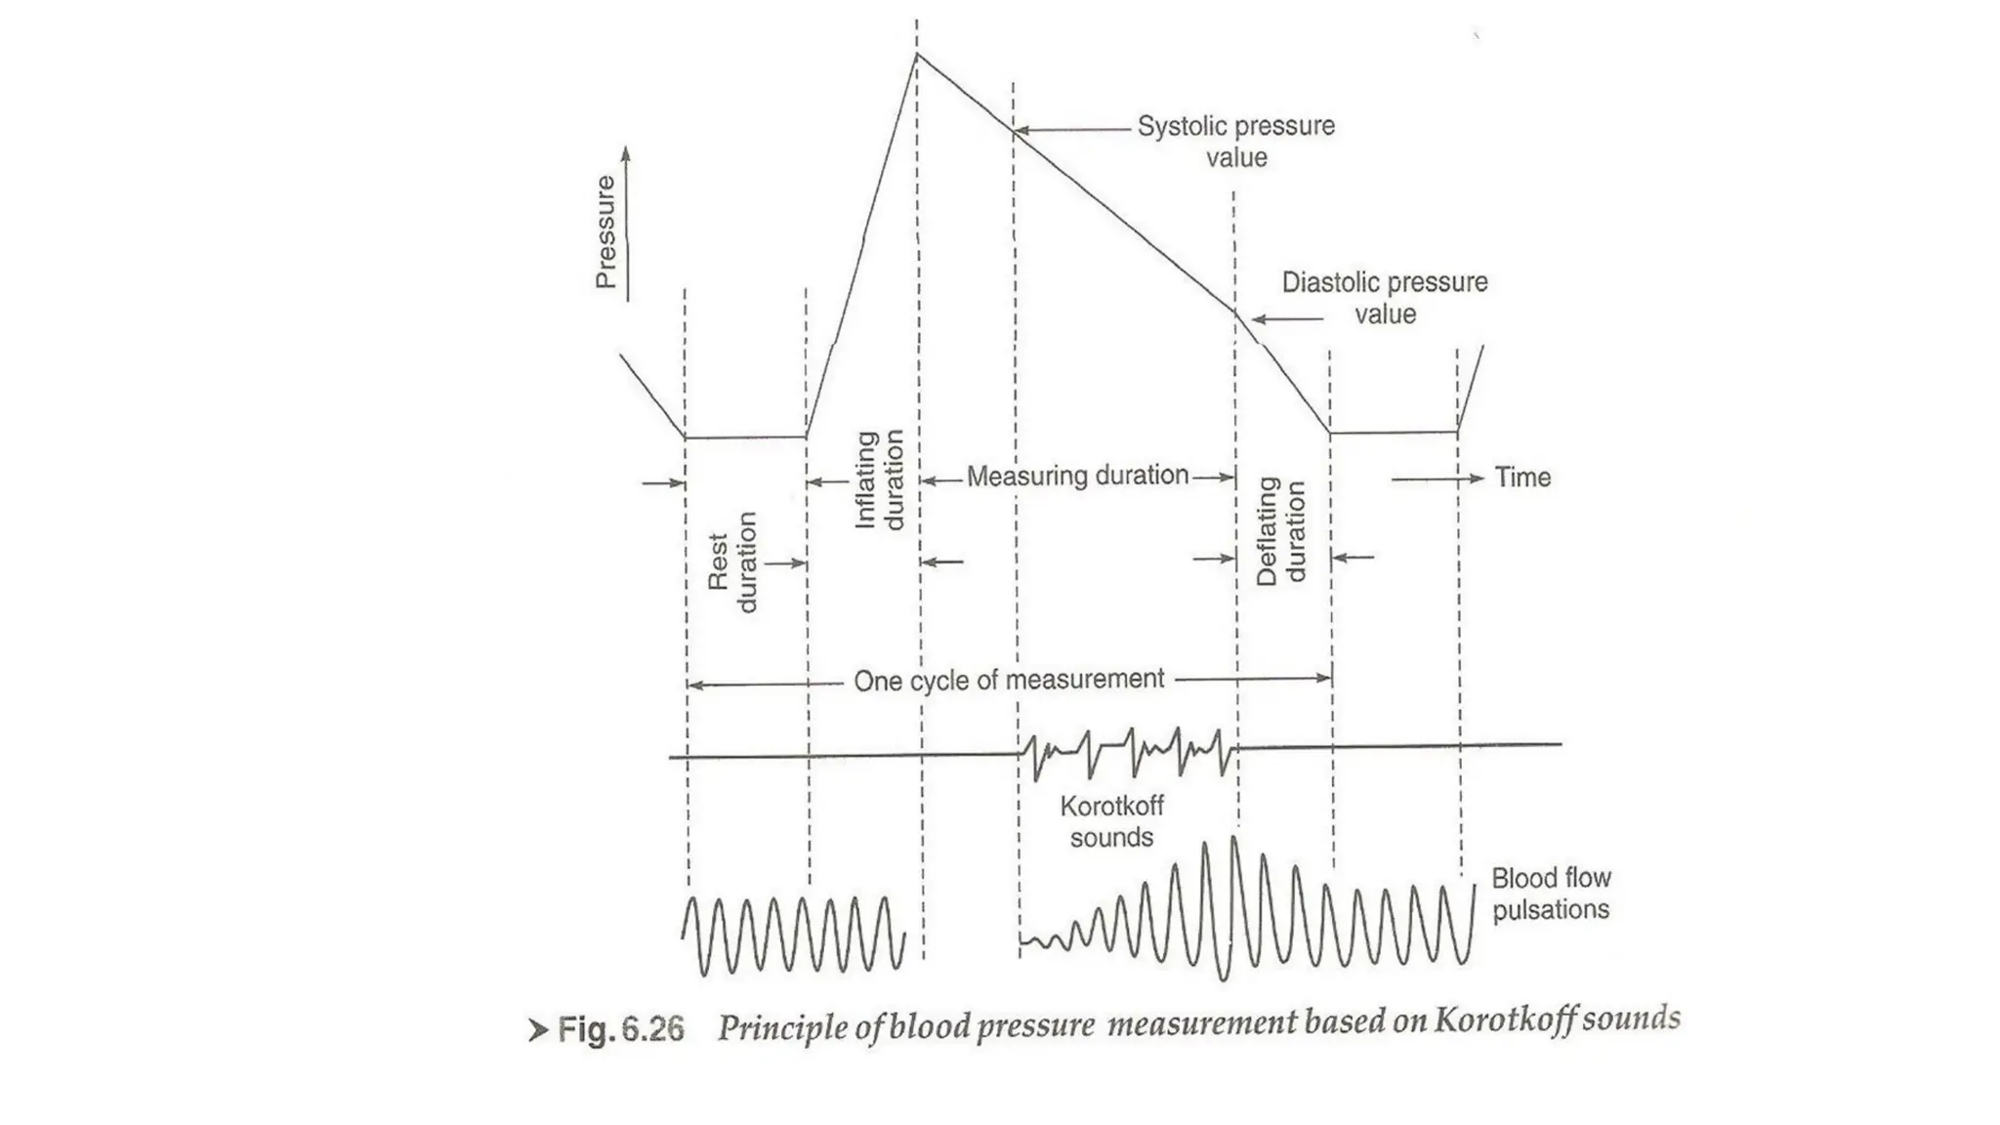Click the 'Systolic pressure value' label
[x=1235, y=142]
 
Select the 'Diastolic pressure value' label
[x=1384, y=298]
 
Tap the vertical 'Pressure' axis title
[x=606, y=232]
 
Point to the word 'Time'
[x=1522, y=478]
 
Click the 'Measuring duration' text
[x=1077, y=476]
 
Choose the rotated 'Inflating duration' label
[x=880, y=479]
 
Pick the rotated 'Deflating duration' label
[x=1280, y=531]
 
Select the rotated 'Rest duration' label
[x=731, y=562]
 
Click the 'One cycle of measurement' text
[x=1009, y=680]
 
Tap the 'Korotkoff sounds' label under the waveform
[x=1111, y=821]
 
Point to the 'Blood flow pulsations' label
[x=1551, y=894]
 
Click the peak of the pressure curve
[x=917, y=55]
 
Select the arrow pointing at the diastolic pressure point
[x=1287, y=318]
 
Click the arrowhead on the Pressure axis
[x=626, y=154]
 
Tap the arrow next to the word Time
[x=1437, y=479]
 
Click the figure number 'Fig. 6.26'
[x=620, y=1029]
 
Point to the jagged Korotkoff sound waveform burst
[x=1128, y=753]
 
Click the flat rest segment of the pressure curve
[x=745, y=437]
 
